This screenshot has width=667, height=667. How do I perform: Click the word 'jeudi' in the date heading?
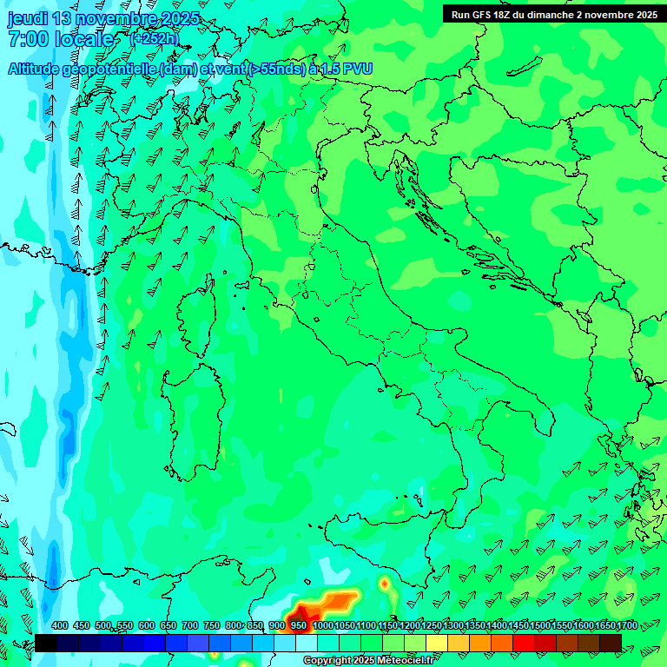[28, 19]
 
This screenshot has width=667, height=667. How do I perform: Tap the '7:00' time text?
[25, 39]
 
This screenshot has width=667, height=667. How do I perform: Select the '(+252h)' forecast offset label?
[154, 39]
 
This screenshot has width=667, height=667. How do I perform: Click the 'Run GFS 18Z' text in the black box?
[482, 15]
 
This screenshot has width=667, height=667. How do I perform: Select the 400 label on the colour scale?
[60, 626]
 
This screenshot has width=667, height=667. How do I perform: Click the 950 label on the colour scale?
[298, 626]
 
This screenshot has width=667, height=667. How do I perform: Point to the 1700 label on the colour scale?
[627, 626]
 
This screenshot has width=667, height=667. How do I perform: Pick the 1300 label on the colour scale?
[453, 626]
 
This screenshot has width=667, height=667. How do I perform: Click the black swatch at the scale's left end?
[46, 643]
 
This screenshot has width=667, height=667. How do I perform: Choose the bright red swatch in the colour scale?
[524, 643]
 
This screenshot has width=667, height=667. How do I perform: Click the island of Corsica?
[198, 308]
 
